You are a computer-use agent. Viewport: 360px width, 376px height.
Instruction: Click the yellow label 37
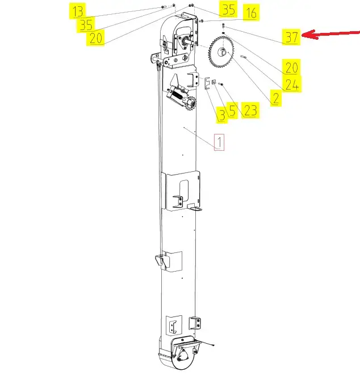point(291,37)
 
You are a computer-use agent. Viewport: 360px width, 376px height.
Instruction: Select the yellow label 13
point(78,11)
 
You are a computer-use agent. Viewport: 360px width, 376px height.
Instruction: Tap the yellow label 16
point(251,12)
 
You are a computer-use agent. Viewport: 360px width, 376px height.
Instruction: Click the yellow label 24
point(292,84)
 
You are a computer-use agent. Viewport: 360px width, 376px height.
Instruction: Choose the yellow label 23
point(250,111)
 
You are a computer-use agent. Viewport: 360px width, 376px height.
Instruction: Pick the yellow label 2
point(276,98)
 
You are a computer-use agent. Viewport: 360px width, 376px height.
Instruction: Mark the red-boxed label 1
point(219,142)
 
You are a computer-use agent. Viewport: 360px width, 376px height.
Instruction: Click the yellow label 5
point(232,111)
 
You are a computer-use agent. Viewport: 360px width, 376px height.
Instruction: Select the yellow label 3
point(221,115)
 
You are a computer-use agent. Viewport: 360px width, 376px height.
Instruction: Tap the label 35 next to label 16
point(228,9)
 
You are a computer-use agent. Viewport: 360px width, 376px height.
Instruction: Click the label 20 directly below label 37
point(291,67)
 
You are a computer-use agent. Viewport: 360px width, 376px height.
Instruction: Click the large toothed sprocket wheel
point(220,52)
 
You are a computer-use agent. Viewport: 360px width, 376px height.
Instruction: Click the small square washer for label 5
point(214,82)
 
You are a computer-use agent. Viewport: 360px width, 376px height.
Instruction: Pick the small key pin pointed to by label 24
point(244,57)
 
